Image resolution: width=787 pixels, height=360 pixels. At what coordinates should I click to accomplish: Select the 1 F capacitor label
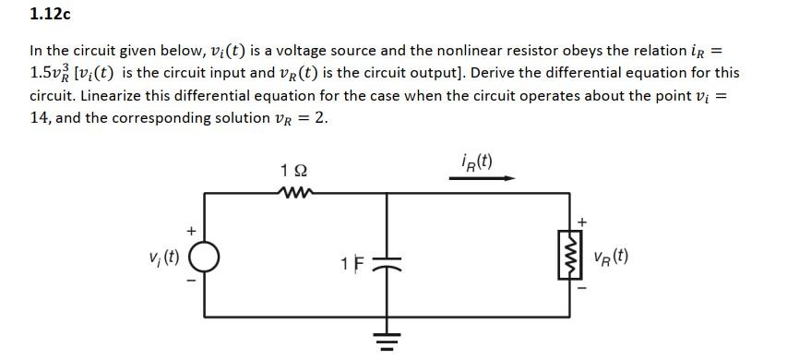(x=346, y=262)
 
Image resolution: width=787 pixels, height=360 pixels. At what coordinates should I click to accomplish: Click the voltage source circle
(x=204, y=256)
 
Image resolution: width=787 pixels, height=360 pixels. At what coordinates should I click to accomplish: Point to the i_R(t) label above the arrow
(x=476, y=161)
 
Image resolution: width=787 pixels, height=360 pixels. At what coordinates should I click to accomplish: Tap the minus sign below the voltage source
(x=192, y=282)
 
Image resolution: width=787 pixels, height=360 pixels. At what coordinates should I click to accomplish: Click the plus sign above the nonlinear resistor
(x=582, y=222)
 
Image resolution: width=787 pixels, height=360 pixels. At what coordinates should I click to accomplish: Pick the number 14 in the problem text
(x=40, y=119)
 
